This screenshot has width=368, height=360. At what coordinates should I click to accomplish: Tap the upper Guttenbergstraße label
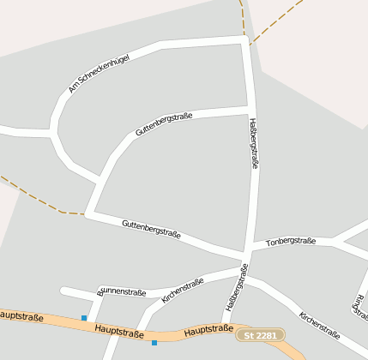click(164, 124)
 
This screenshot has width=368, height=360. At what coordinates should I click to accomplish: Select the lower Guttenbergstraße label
click(151, 227)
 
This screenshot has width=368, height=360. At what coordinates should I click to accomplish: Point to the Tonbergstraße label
click(291, 242)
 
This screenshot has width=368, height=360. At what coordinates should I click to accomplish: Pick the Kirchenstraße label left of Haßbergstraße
click(182, 291)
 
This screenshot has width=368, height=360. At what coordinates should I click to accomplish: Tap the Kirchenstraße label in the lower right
click(319, 324)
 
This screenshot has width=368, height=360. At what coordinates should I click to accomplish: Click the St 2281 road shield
click(260, 335)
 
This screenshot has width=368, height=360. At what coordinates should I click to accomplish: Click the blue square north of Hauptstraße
click(84, 318)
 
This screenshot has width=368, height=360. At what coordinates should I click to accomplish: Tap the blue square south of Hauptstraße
click(154, 343)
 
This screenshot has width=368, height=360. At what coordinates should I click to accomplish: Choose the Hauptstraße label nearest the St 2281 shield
click(208, 329)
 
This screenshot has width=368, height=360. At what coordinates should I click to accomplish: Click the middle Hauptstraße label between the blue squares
click(119, 331)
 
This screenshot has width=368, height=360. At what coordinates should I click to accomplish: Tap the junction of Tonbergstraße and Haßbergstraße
click(249, 249)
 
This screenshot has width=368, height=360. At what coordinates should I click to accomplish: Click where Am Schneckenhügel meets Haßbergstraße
click(245, 39)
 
